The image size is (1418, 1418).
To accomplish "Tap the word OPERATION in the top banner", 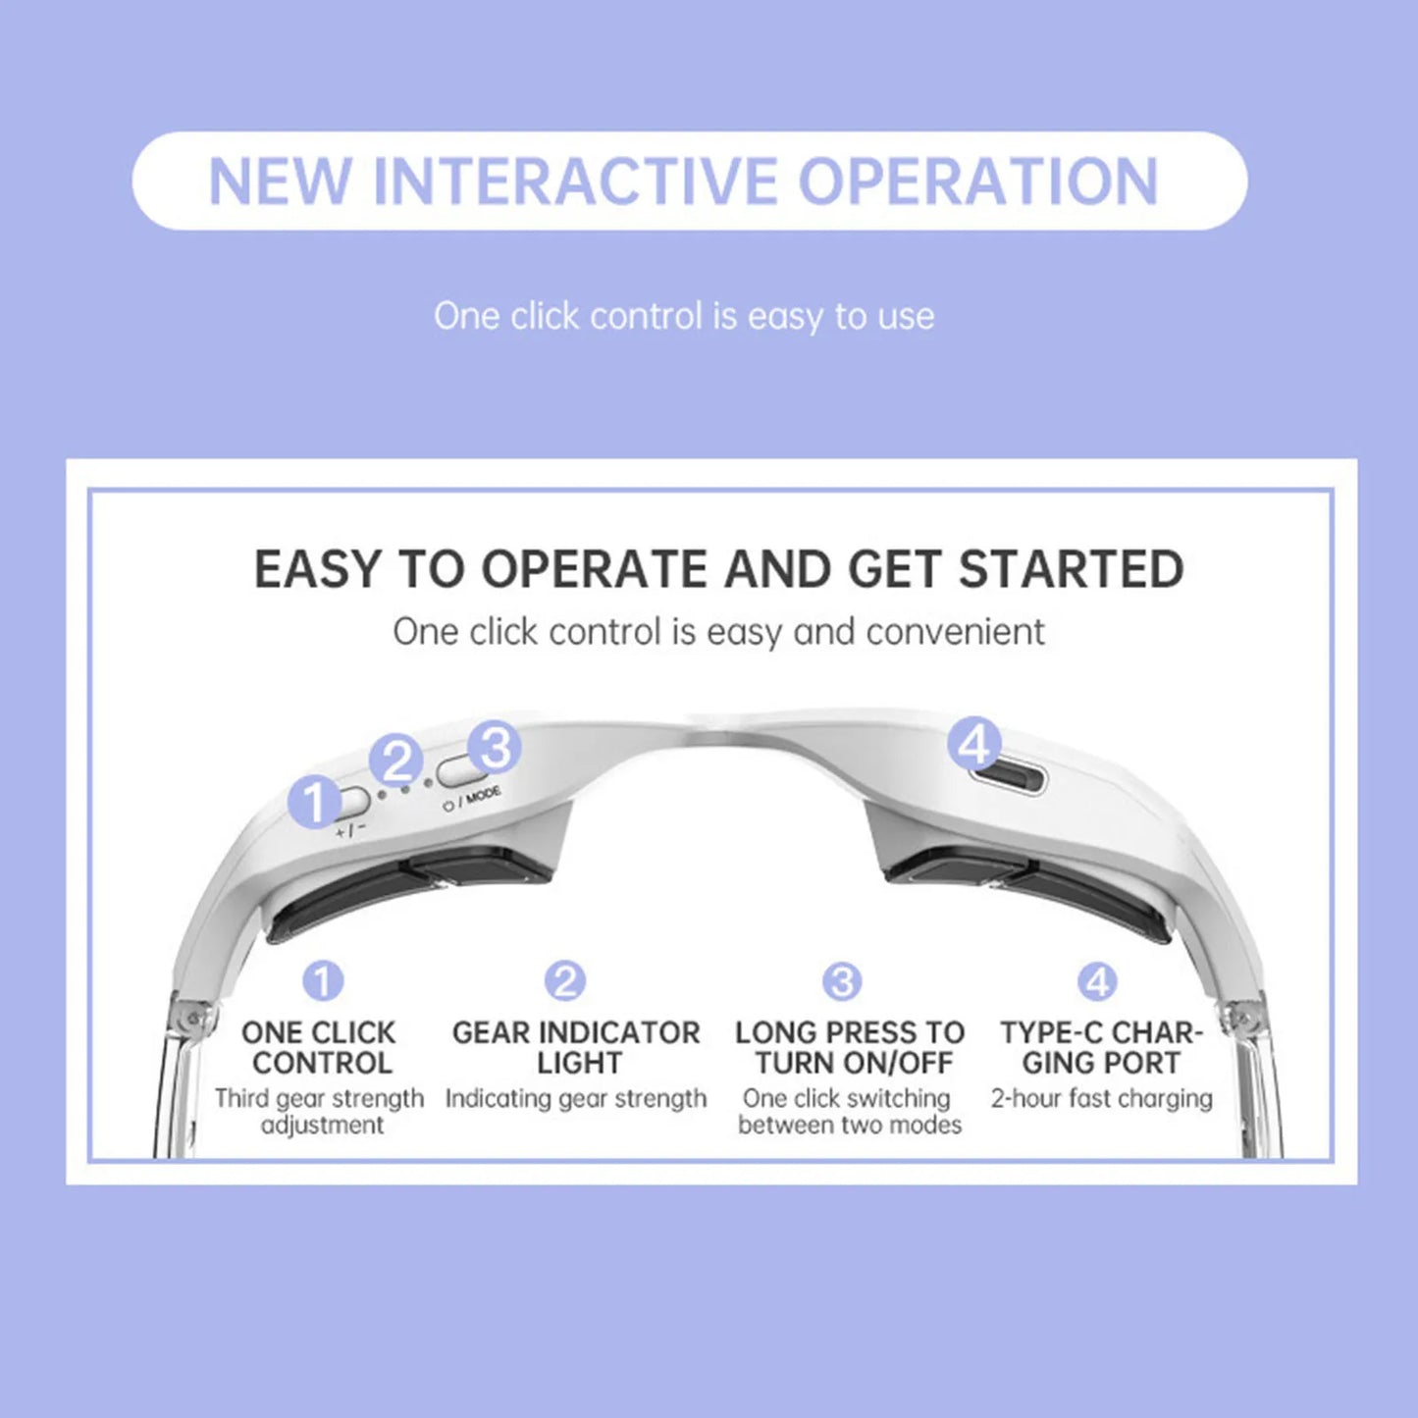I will click(x=978, y=182).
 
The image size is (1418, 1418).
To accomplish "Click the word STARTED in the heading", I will click(x=1071, y=569).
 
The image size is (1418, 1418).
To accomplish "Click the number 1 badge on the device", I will click(x=314, y=803).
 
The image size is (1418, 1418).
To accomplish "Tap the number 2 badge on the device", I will click(x=396, y=761).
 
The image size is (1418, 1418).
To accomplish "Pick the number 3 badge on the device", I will click(x=495, y=749).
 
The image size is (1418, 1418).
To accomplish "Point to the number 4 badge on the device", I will click(x=974, y=746).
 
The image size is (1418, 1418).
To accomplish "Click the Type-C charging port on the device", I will click(x=1008, y=781).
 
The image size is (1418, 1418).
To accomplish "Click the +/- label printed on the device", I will click(x=350, y=829).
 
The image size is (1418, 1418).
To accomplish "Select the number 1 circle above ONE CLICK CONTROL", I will click(x=323, y=980).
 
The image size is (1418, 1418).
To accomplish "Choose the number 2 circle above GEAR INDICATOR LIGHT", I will click(x=565, y=980).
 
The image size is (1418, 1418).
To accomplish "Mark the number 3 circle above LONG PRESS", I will click(x=842, y=980).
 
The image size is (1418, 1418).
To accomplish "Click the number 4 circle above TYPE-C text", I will click(x=1097, y=980).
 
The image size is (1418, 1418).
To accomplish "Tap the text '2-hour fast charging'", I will click(x=1101, y=1098).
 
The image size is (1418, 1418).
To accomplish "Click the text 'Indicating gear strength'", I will click(x=576, y=1098).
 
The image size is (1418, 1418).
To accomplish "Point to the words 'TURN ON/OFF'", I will click(x=854, y=1063).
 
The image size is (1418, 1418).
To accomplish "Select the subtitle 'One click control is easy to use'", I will click(x=684, y=317).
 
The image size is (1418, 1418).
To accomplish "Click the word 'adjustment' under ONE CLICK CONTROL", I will click(x=322, y=1125).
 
